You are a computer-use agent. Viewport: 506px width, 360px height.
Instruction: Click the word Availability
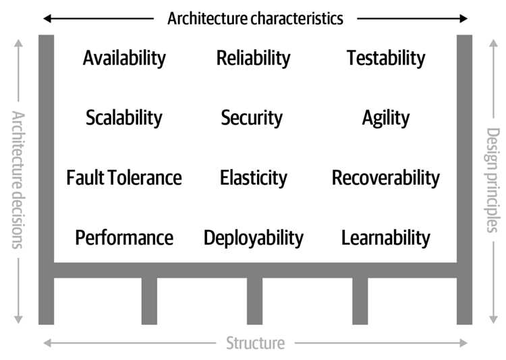pyautogui.click(x=124, y=59)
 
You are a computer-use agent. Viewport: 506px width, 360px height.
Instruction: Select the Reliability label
pyautogui.click(x=253, y=59)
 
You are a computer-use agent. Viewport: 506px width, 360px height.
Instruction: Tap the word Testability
pyautogui.click(x=386, y=59)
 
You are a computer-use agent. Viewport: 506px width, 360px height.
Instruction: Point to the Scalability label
pyautogui.click(x=124, y=118)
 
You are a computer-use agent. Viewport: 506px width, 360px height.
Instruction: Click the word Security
pyautogui.click(x=252, y=118)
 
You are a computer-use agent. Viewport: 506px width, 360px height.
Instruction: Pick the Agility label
pyautogui.click(x=386, y=118)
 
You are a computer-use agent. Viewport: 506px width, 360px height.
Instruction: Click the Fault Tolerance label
pyautogui.click(x=124, y=178)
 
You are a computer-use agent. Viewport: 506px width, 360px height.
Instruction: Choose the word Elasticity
pyautogui.click(x=253, y=178)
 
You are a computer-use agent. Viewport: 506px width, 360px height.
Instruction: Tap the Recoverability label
pyautogui.click(x=386, y=178)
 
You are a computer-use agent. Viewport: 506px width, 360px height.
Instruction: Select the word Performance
pyautogui.click(x=124, y=238)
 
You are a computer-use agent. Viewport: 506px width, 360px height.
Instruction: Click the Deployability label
pyautogui.click(x=253, y=238)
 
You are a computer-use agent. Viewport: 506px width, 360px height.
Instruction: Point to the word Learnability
pyautogui.click(x=386, y=238)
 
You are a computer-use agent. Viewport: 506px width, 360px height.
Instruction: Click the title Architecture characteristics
pyautogui.click(x=255, y=18)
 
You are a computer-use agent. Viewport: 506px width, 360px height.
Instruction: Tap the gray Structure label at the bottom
pyautogui.click(x=255, y=343)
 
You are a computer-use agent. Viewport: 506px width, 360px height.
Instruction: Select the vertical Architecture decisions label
pyautogui.click(x=18, y=180)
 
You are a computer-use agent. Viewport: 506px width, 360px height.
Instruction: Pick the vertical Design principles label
pyautogui.click(x=493, y=180)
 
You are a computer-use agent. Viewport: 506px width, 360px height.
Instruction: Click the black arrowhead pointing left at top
pyautogui.click(x=47, y=19)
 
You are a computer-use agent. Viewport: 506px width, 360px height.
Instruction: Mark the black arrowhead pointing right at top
pyautogui.click(x=463, y=19)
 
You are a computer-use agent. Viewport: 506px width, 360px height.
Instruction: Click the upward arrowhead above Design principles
pyautogui.click(x=493, y=43)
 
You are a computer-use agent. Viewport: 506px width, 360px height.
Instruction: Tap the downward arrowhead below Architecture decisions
pyautogui.click(x=18, y=320)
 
